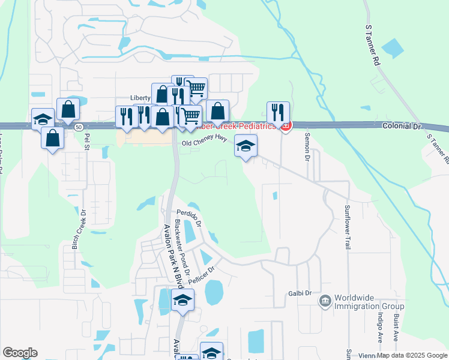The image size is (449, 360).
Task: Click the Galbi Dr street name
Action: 300,293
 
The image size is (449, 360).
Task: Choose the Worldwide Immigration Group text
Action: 369,302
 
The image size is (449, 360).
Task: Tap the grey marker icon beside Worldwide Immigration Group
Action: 325,299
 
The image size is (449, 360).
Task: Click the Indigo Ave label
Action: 380,326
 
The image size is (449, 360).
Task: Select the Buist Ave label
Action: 396,326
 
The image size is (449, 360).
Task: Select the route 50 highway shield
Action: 79,127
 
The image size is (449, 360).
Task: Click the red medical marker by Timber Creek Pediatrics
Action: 286,125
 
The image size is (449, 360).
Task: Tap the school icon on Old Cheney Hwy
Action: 246,146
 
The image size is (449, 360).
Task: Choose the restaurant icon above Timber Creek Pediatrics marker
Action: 278,112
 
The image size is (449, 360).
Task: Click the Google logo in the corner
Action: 20,353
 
